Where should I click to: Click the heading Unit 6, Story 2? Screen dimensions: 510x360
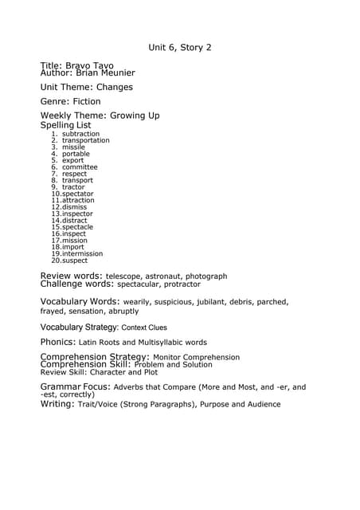pyautogui.click(x=180, y=48)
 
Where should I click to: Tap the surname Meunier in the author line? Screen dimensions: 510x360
pyautogui.click(x=112, y=73)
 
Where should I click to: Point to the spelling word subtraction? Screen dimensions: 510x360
pyautogui.click(x=80, y=134)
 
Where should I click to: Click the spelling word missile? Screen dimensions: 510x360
pyautogui.click(x=73, y=147)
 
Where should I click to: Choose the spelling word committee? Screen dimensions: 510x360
pyautogui.click(x=80, y=167)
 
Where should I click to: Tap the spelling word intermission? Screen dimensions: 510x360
pyautogui.click(x=82, y=253)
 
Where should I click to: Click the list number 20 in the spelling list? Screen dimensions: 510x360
pyautogui.click(x=56, y=261)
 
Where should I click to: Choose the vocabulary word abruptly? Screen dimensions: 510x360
pyautogui.click(x=123, y=312)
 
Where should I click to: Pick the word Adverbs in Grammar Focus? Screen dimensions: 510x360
pyautogui.click(x=130, y=387)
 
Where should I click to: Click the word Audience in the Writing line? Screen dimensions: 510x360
pyautogui.click(x=260, y=405)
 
